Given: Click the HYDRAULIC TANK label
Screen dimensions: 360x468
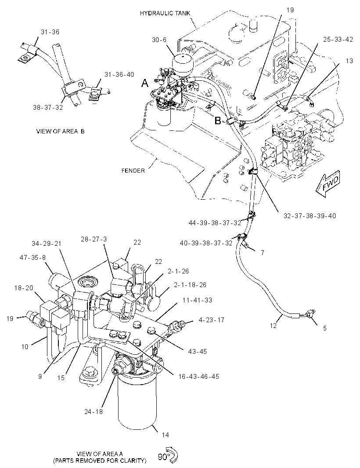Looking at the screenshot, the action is pos(165,13).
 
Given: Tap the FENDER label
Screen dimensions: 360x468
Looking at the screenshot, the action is pos(133,170).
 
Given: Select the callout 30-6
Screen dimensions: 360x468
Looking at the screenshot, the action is pos(159,40).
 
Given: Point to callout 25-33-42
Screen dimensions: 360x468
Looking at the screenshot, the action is pos(338,40).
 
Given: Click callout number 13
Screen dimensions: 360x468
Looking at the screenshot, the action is pos(349,61).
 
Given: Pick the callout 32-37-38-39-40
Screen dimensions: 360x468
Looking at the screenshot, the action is pos(310,216).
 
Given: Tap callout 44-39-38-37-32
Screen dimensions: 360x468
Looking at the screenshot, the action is pos(214,223).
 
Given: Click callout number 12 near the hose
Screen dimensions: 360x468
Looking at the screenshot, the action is pos(273,326).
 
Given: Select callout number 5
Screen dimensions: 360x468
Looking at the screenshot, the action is pos(325,328).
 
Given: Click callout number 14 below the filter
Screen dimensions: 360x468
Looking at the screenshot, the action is pos(165,435).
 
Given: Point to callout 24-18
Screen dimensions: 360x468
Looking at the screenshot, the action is pos(94,412).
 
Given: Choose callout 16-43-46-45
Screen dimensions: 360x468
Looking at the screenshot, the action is pos(198,376).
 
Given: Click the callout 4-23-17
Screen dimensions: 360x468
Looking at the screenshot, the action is pos(211,320).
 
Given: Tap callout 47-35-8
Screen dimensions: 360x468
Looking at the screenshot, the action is pos(33,257).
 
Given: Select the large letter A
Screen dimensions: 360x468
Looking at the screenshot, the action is pos(145,83).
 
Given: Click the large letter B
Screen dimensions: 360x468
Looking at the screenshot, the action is pos(218,121).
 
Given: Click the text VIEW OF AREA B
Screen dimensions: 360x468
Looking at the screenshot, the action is pos(60,131).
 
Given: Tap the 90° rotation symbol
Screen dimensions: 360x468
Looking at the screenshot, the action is pos(168,456).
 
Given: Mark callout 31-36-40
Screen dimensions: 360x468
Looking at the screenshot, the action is pos(119,75).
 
